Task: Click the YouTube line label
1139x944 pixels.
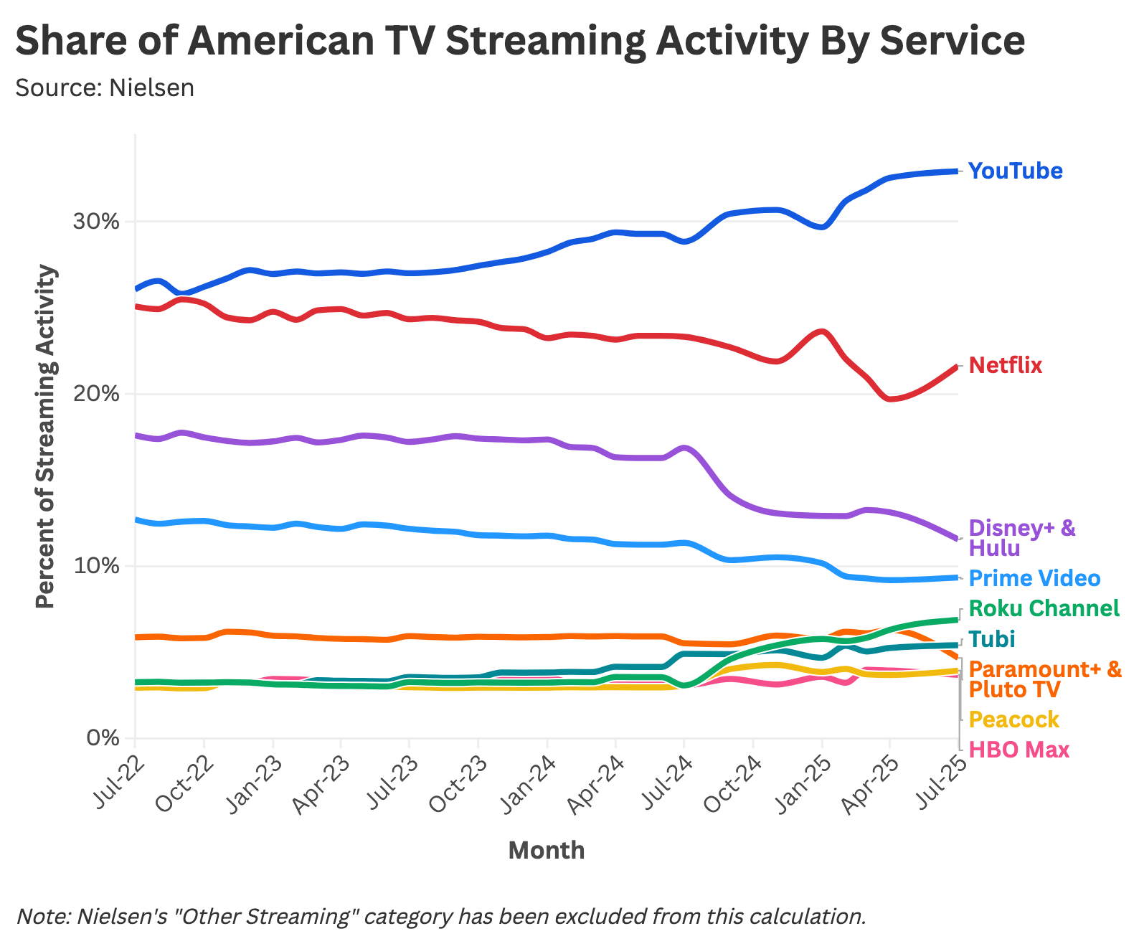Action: (x=1015, y=171)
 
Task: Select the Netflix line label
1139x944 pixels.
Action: (x=1005, y=366)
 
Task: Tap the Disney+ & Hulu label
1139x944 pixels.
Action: (x=1022, y=538)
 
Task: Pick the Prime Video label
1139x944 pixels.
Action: (x=1034, y=578)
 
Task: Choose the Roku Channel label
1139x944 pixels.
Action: (x=1044, y=609)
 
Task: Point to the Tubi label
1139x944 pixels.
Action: (x=991, y=639)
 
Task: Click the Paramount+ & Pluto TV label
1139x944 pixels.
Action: (x=1044, y=680)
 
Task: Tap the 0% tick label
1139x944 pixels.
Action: (x=105, y=738)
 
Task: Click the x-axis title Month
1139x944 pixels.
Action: (x=546, y=851)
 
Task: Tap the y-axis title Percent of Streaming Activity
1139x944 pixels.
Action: (x=45, y=436)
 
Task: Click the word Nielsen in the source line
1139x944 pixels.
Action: (x=151, y=88)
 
